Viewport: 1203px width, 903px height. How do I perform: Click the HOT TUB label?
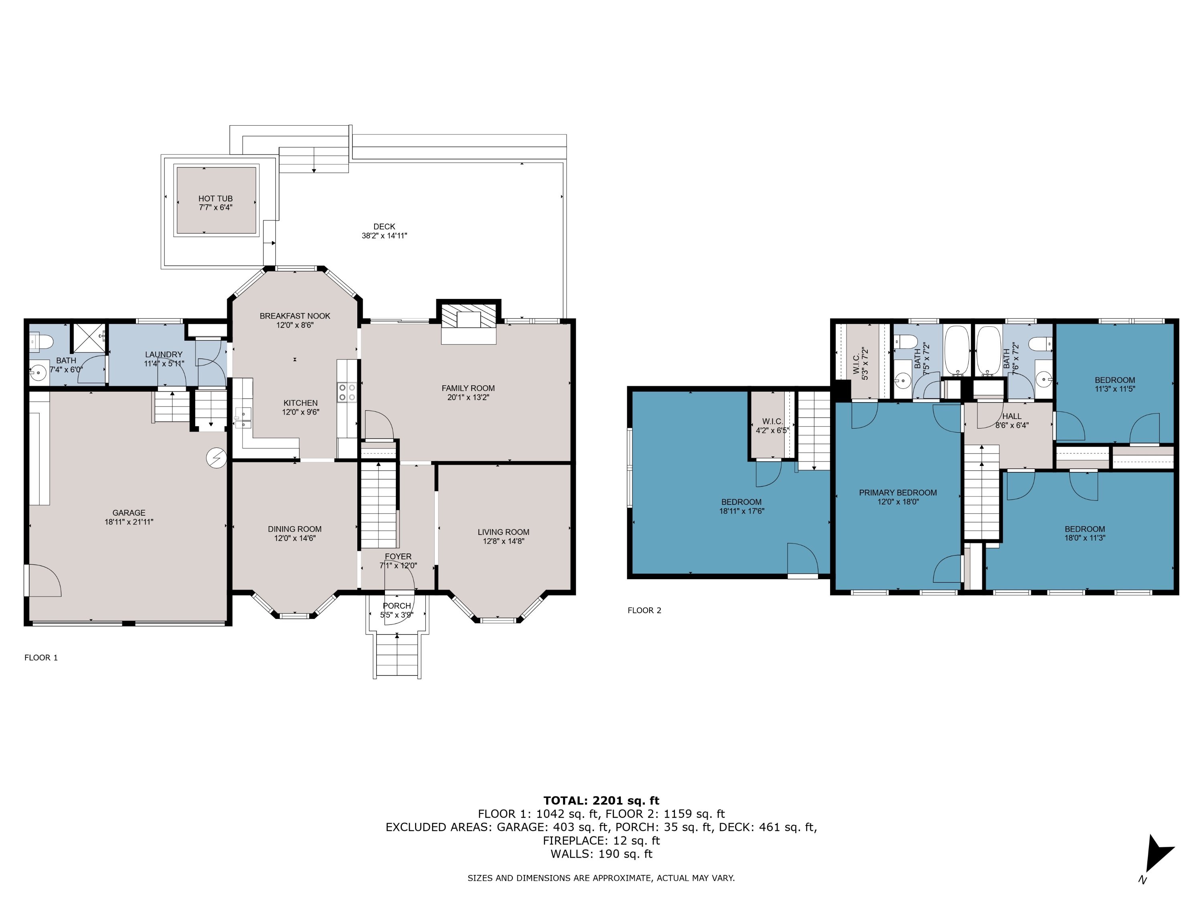click(215, 199)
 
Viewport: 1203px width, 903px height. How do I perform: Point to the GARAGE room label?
click(129, 513)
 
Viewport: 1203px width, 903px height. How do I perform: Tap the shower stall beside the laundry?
click(89, 339)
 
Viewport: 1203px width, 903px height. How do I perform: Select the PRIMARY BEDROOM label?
click(898, 492)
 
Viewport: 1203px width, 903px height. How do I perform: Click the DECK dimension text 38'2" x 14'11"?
click(385, 236)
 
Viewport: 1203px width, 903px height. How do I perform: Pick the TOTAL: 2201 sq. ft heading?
click(601, 801)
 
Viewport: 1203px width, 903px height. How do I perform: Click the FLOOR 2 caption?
click(644, 610)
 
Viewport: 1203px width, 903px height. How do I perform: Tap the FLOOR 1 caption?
click(41, 657)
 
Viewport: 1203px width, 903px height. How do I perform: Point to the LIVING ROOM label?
click(504, 532)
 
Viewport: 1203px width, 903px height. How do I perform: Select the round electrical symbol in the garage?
click(216, 458)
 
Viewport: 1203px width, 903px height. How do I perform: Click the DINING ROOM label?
click(295, 529)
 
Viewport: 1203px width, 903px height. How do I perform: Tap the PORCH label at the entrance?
click(397, 606)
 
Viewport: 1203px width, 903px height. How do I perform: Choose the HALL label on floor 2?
click(1012, 417)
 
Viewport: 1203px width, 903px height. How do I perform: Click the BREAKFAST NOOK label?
click(295, 316)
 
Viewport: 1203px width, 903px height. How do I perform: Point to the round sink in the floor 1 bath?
click(38, 374)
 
